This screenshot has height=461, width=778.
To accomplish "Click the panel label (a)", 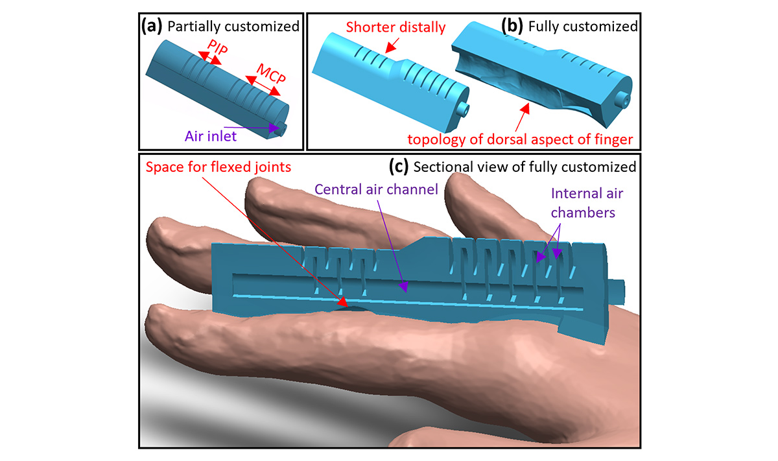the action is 152,26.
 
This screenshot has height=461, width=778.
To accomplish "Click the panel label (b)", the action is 512,26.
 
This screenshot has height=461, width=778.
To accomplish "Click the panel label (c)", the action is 398,167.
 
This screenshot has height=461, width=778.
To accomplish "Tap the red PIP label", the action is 217,47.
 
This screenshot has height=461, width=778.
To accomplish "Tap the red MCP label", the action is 271,73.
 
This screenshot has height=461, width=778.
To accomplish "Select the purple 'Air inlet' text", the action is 211,136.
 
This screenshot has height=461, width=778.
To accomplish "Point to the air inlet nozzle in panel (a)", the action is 281,129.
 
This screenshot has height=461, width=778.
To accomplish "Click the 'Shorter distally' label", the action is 395,27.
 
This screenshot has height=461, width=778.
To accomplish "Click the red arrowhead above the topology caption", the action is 525,109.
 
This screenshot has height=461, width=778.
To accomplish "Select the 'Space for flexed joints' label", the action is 218,167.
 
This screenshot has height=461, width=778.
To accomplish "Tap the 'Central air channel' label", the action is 376,189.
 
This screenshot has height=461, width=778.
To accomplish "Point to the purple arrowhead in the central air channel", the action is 403,287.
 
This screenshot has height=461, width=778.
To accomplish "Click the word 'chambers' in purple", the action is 583,213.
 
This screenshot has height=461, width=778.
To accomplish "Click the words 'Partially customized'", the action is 233,27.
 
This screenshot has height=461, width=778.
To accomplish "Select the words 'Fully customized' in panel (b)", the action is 583,27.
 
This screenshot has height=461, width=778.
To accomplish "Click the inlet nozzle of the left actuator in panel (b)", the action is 463,110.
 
